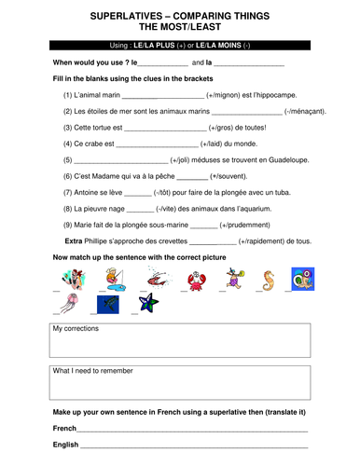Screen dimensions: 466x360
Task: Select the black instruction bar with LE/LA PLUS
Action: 179,45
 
